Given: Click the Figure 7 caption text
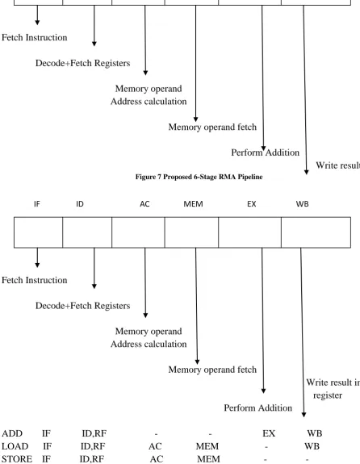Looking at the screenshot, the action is pyautogui.click(x=199, y=177).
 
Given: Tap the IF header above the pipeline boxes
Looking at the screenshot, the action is pyautogui.click(x=37, y=204).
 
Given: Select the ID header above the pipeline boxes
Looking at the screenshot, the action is pyautogui.click(x=80, y=204).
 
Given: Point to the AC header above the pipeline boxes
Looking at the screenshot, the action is pyautogui.click(x=144, y=204).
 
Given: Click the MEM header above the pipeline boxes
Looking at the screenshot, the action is pyautogui.click(x=194, y=204).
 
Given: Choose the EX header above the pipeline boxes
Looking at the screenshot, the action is pyautogui.click(x=252, y=204).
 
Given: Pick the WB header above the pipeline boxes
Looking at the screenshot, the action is pyautogui.click(x=302, y=204).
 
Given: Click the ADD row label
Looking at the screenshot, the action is pyautogui.click(x=12, y=433).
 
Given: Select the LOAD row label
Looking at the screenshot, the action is pyautogui.click(x=15, y=446).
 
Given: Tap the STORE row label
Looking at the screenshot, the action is pyautogui.click(x=17, y=459).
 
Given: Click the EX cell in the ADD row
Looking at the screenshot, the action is pyautogui.click(x=269, y=433).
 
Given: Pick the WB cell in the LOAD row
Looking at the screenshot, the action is pyautogui.click(x=312, y=446).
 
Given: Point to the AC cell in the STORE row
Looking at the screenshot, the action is pyautogui.click(x=157, y=459).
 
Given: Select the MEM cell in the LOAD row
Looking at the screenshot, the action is pyautogui.click(x=207, y=446).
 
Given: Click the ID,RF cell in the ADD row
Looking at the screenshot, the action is pyautogui.click(x=94, y=433).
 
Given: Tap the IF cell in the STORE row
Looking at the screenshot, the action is pyautogui.click(x=46, y=459).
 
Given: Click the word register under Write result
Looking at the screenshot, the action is pyautogui.click(x=328, y=395).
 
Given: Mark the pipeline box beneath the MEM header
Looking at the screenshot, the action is pyautogui.click(x=191, y=232).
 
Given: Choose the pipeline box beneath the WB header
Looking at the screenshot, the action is pyautogui.click(x=316, y=232).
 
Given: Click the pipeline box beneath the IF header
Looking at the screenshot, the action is pyautogui.click(x=38, y=232).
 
